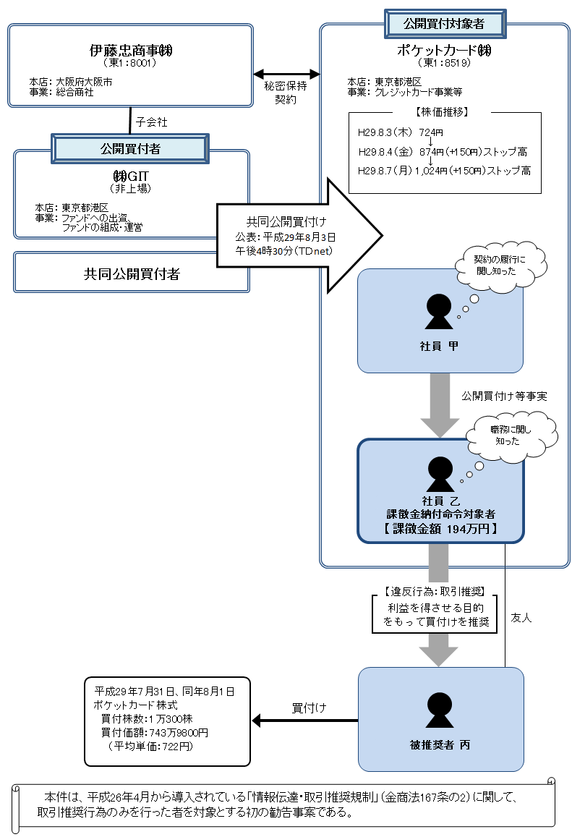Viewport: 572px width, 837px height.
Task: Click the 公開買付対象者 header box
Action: pos(444,24)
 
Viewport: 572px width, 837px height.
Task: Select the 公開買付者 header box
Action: pos(130,148)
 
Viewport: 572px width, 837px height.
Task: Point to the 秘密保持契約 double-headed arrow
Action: pos(286,74)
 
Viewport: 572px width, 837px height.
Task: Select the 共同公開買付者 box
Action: pos(131,273)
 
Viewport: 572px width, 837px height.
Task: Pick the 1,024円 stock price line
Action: pos(444,171)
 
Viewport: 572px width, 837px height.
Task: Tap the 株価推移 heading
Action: pos(445,113)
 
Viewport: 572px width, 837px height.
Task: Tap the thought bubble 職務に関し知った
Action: pos(512,434)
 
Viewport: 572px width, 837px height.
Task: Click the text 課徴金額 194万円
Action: pos(440,529)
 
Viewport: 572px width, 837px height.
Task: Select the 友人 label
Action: pos(521,619)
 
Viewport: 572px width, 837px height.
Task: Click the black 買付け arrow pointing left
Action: pos(304,721)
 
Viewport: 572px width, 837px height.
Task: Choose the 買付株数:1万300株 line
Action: pos(149,718)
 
